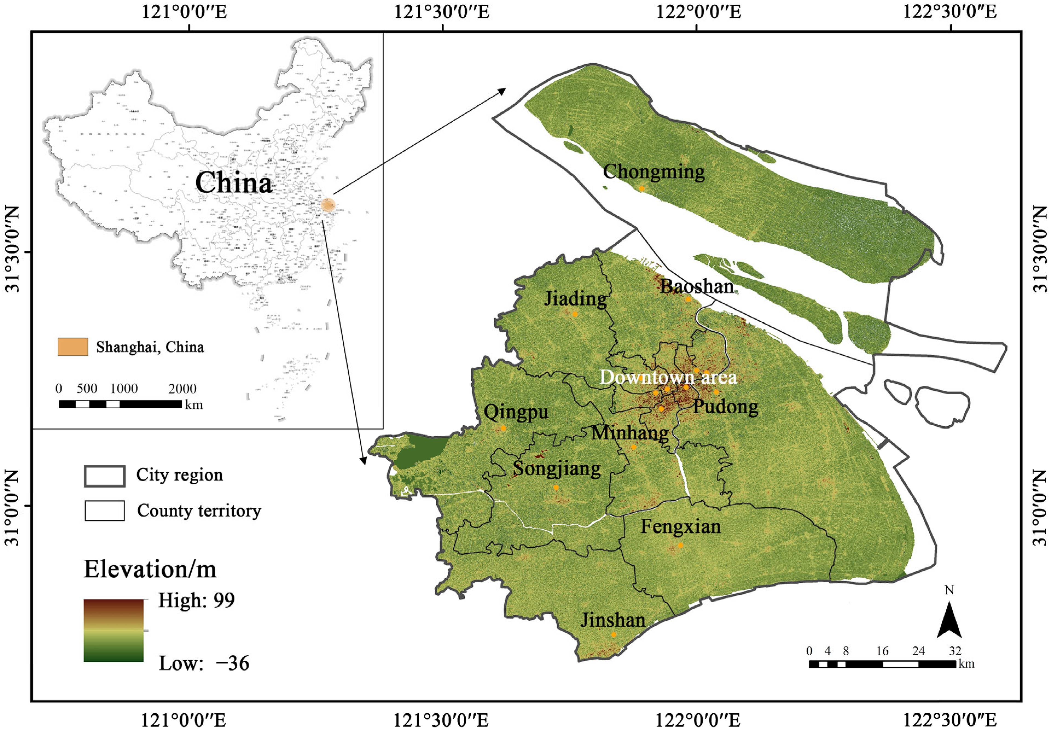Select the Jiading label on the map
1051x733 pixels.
tap(575, 299)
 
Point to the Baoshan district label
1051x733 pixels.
tap(697, 287)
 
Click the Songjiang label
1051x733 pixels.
tap(557, 469)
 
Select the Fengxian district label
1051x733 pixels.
tap(680, 527)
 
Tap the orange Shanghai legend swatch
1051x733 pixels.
tap(73, 347)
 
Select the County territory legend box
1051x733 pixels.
tap(104, 510)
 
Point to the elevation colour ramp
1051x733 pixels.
tap(114, 630)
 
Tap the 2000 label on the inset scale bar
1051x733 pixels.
tap(182, 389)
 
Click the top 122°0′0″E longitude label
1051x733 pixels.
tap(698, 12)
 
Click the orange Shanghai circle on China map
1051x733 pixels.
tap(328, 205)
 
